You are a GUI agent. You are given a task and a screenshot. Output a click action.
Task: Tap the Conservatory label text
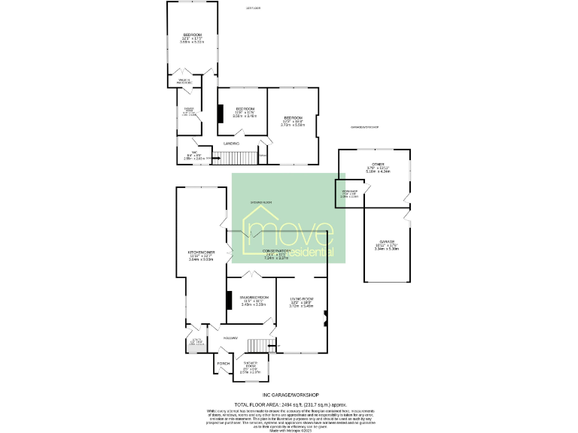[277, 250]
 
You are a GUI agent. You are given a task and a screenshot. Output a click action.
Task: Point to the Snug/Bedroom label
[254, 298]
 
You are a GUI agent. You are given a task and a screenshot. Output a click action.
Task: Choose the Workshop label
[348, 192]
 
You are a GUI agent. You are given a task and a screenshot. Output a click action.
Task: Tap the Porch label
[223, 364]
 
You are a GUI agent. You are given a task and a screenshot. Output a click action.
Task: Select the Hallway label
[230, 338]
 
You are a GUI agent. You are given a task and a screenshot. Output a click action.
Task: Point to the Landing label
[232, 142]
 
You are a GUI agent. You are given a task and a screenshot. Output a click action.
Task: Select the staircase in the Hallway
[260, 345]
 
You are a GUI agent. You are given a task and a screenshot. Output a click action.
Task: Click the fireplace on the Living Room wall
[325, 318]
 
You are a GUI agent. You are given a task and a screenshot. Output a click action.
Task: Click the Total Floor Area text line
[290, 404]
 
